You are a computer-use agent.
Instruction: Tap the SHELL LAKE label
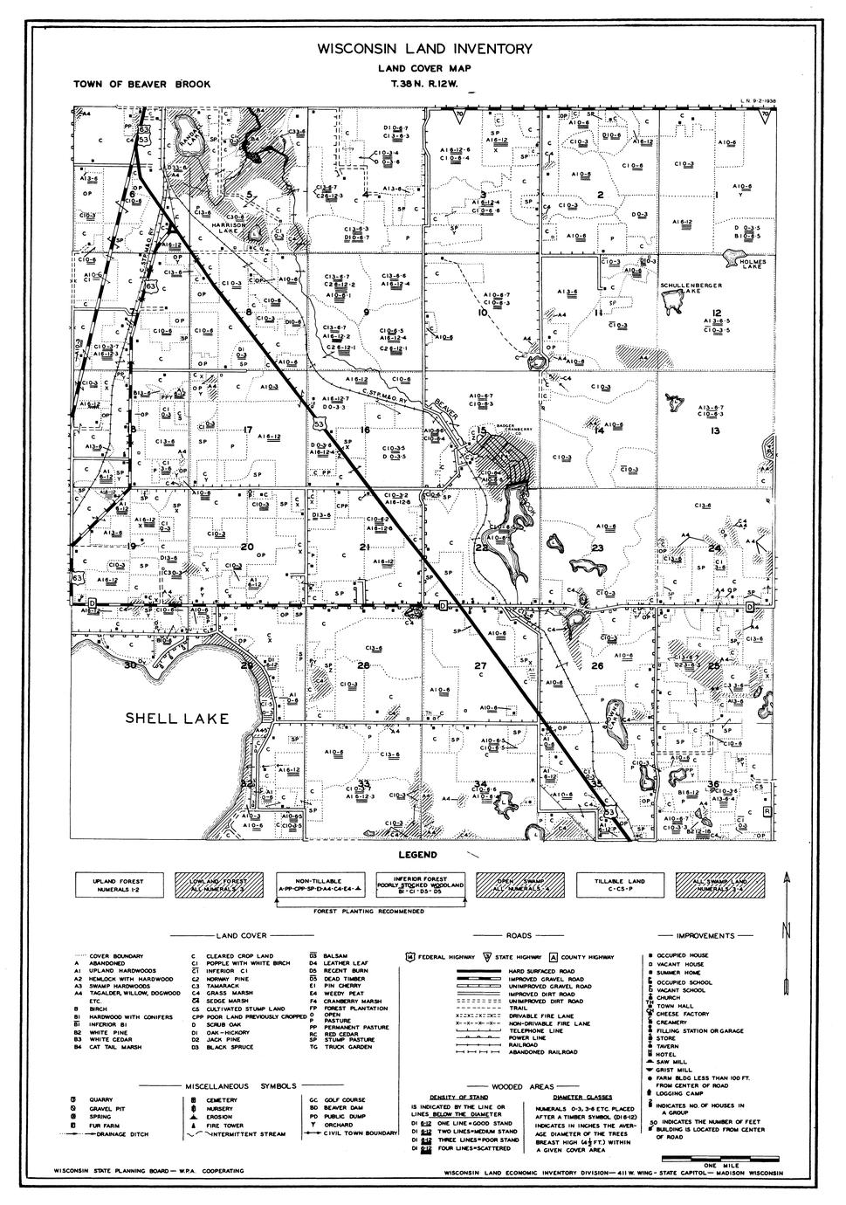(x=177, y=719)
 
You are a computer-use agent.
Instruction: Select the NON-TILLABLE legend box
(x=322, y=884)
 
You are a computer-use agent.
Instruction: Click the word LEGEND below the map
(x=417, y=855)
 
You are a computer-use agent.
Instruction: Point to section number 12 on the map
(x=716, y=313)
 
